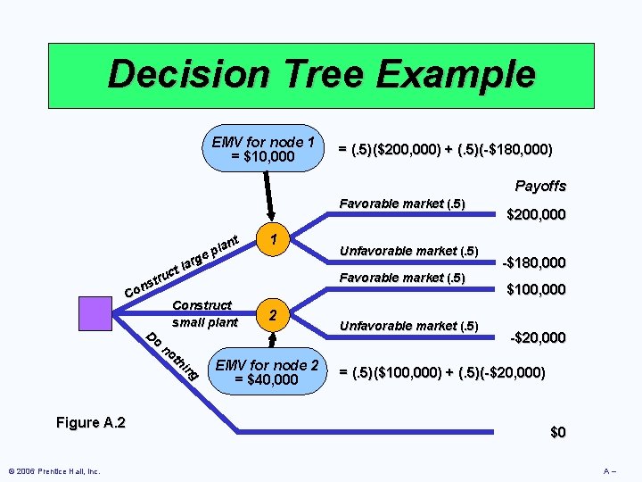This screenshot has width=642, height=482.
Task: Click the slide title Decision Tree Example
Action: (321, 74)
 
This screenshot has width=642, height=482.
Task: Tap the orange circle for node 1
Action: (276, 239)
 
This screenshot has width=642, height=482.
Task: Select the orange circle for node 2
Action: (276, 314)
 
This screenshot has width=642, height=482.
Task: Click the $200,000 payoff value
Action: (536, 215)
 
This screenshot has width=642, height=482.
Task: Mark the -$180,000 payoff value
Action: (532, 262)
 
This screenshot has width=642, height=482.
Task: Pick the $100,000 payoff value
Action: (536, 289)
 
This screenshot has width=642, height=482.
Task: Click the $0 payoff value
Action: (557, 433)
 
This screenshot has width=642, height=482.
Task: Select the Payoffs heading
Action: (540, 187)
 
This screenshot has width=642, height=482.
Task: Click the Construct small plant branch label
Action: (204, 313)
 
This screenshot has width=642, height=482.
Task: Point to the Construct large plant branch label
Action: (182, 266)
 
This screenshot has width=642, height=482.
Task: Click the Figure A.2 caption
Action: (90, 423)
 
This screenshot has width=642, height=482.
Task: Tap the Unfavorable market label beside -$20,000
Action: (410, 325)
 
